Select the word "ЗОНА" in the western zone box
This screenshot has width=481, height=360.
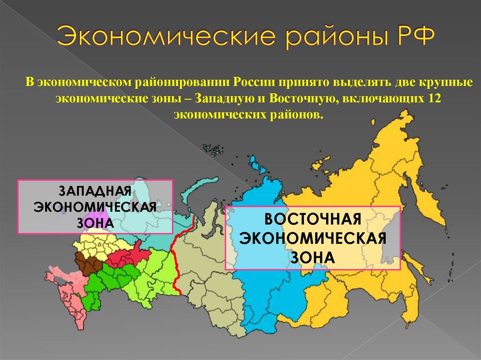click(x=95, y=222)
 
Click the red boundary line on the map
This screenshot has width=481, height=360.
click(x=175, y=263)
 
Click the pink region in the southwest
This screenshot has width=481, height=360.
click(x=63, y=286)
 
